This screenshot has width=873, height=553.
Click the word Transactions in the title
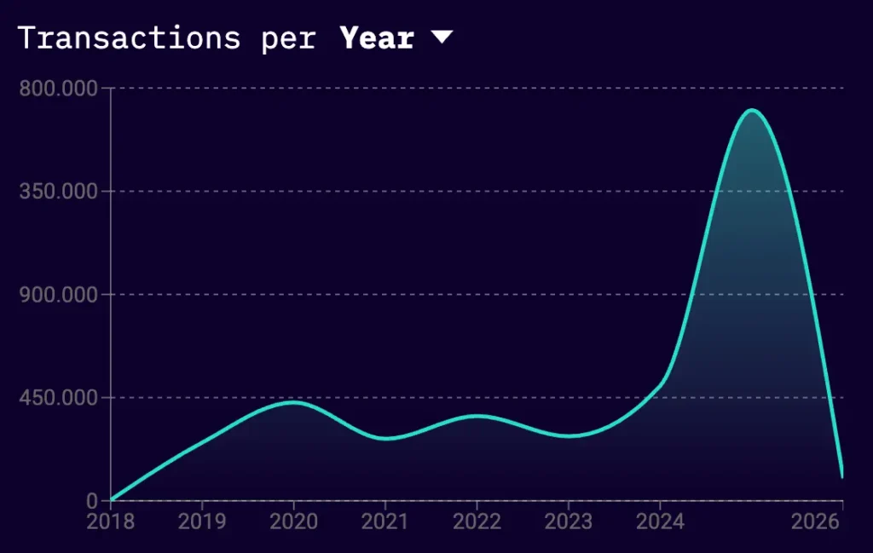129,38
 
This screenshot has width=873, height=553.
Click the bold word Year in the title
377,38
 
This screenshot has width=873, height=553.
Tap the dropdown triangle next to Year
442,37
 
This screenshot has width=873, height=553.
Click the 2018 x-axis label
111,521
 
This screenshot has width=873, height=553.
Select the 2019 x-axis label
202,521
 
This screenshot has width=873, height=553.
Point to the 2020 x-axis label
293,521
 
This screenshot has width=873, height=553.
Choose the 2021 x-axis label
384,521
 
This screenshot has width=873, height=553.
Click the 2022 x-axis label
476,521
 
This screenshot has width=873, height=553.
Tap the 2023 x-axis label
568,521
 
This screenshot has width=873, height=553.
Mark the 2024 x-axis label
659,521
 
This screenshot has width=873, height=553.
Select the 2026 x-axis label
815,521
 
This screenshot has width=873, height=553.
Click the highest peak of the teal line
752,110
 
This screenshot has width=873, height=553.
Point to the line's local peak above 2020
293,402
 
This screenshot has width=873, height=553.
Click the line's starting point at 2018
112,500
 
